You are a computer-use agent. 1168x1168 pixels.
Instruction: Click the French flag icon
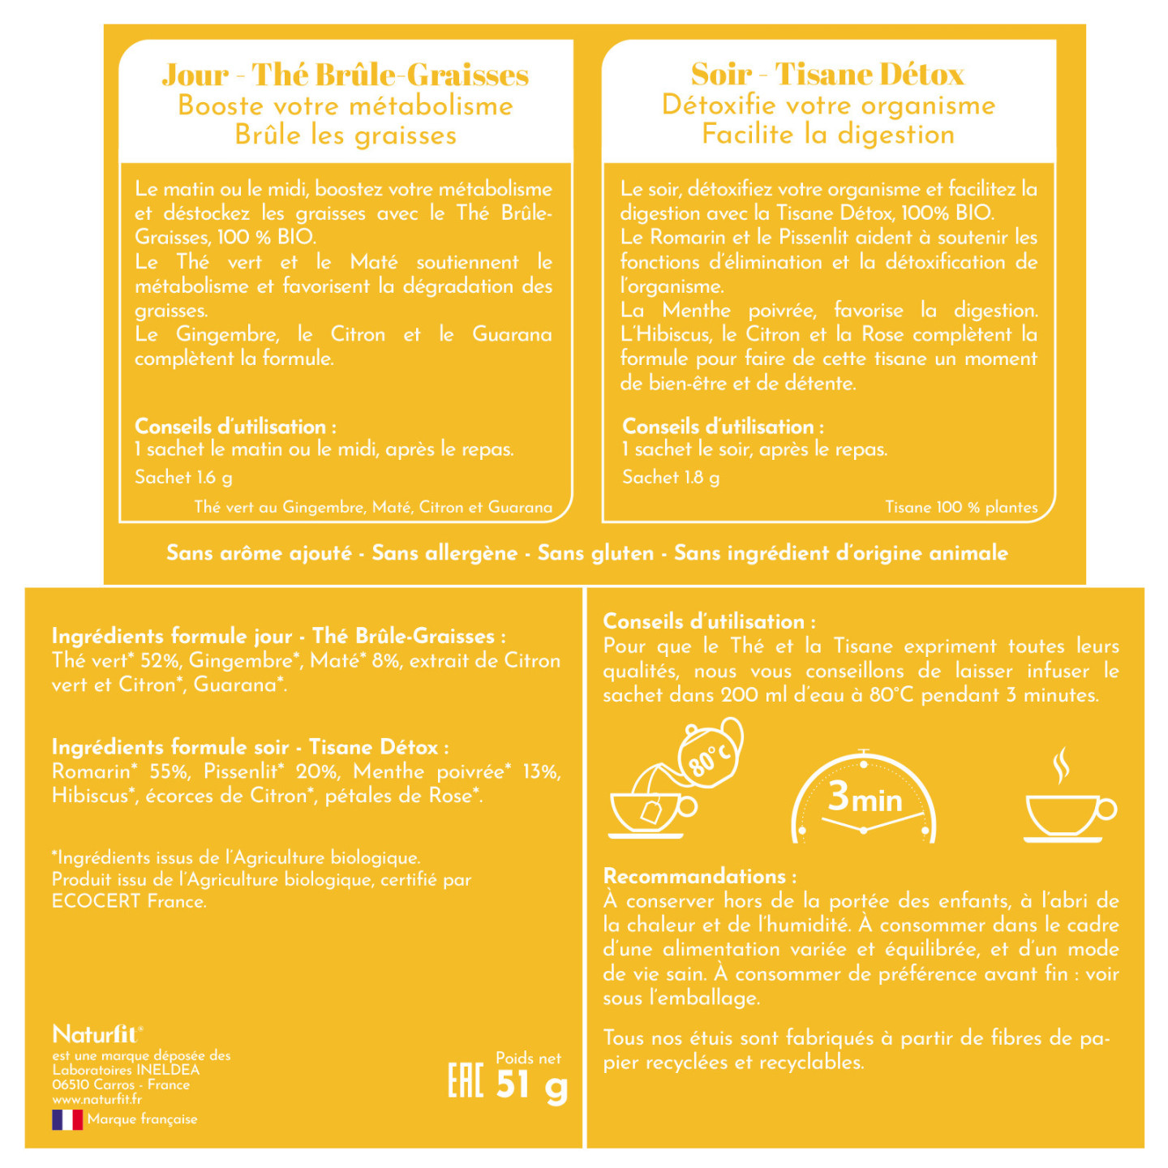click(x=67, y=1119)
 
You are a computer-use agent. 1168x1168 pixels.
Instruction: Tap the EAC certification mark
click(x=466, y=1080)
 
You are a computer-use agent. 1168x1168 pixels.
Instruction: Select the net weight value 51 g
click(x=531, y=1085)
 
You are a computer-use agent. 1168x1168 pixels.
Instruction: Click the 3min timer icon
click(x=864, y=799)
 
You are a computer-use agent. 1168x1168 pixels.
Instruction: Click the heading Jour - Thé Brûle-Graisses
click(x=346, y=75)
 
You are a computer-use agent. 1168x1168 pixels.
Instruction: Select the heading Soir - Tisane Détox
click(x=827, y=74)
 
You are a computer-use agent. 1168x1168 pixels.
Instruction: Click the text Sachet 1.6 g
click(x=183, y=477)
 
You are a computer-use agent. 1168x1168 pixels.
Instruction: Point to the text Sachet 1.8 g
click(x=671, y=477)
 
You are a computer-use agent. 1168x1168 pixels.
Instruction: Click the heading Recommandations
click(x=700, y=876)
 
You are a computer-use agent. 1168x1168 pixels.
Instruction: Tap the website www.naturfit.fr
click(x=97, y=1099)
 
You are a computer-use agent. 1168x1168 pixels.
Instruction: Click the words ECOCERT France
click(x=129, y=901)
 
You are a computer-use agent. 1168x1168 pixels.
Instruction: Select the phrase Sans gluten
click(x=595, y=553)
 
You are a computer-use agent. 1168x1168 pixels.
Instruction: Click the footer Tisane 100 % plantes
click(x=961, y=507)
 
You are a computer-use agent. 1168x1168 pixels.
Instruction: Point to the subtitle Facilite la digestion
click(x=828, y=134)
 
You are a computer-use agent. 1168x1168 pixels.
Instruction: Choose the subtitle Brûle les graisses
click(x=346, y=135)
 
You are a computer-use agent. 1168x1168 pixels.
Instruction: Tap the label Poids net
click(x=528, y=1058)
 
